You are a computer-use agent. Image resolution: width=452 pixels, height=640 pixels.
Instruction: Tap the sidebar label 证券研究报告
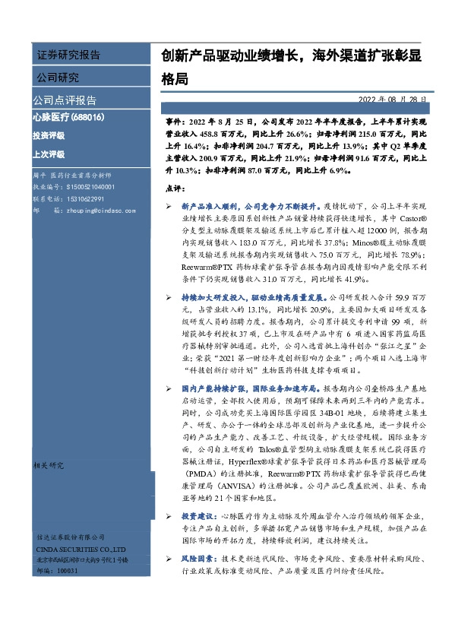point(68,55)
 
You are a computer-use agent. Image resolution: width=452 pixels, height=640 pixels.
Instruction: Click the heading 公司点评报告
point(65,100)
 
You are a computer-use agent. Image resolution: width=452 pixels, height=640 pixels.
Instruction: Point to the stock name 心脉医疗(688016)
point(68,118)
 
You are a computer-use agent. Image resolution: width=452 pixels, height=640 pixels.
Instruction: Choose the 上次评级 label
point(49,154)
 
